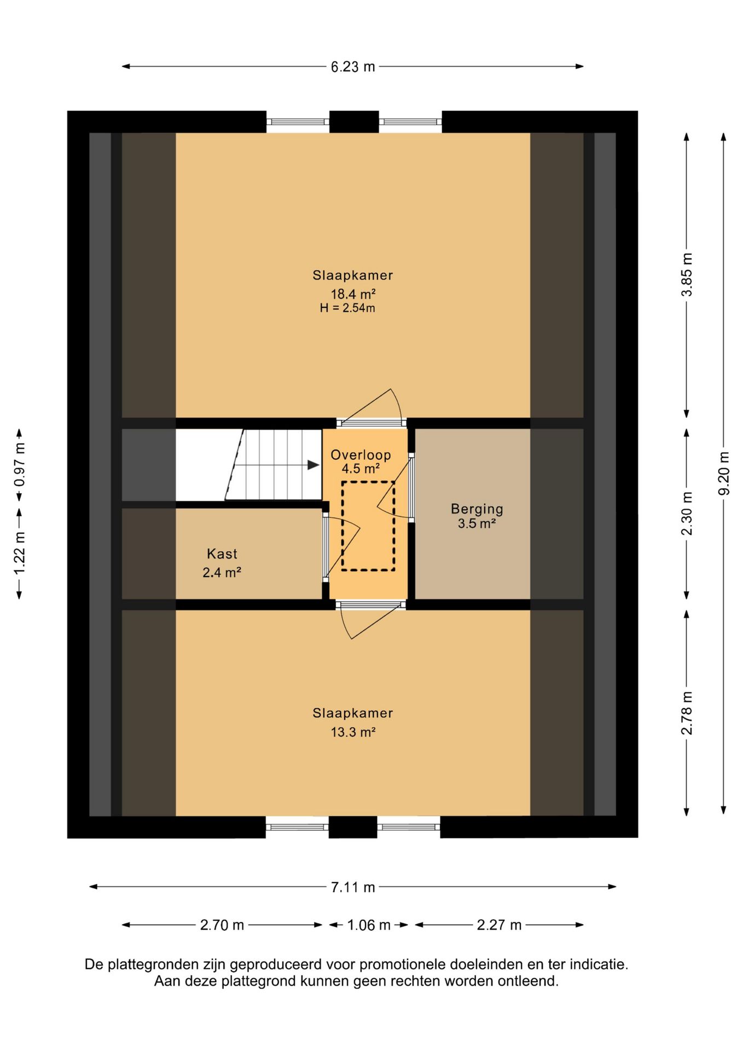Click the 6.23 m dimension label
[353, 67]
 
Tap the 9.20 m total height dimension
[724, 474]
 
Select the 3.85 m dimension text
[687, 275]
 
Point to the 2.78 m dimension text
[687, 713]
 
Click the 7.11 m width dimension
[353, 887]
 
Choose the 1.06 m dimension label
[369, 925]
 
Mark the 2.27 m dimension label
[499, 925]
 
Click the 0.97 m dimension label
[20, 465]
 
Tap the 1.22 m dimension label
[20, 553]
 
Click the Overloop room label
[361, 455]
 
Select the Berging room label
[477, 509]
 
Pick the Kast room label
[222, 554]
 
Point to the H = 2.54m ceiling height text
[347, 308]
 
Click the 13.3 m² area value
[353, 732]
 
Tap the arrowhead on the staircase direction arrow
[314, 465]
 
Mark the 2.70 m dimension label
[222, 925]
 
